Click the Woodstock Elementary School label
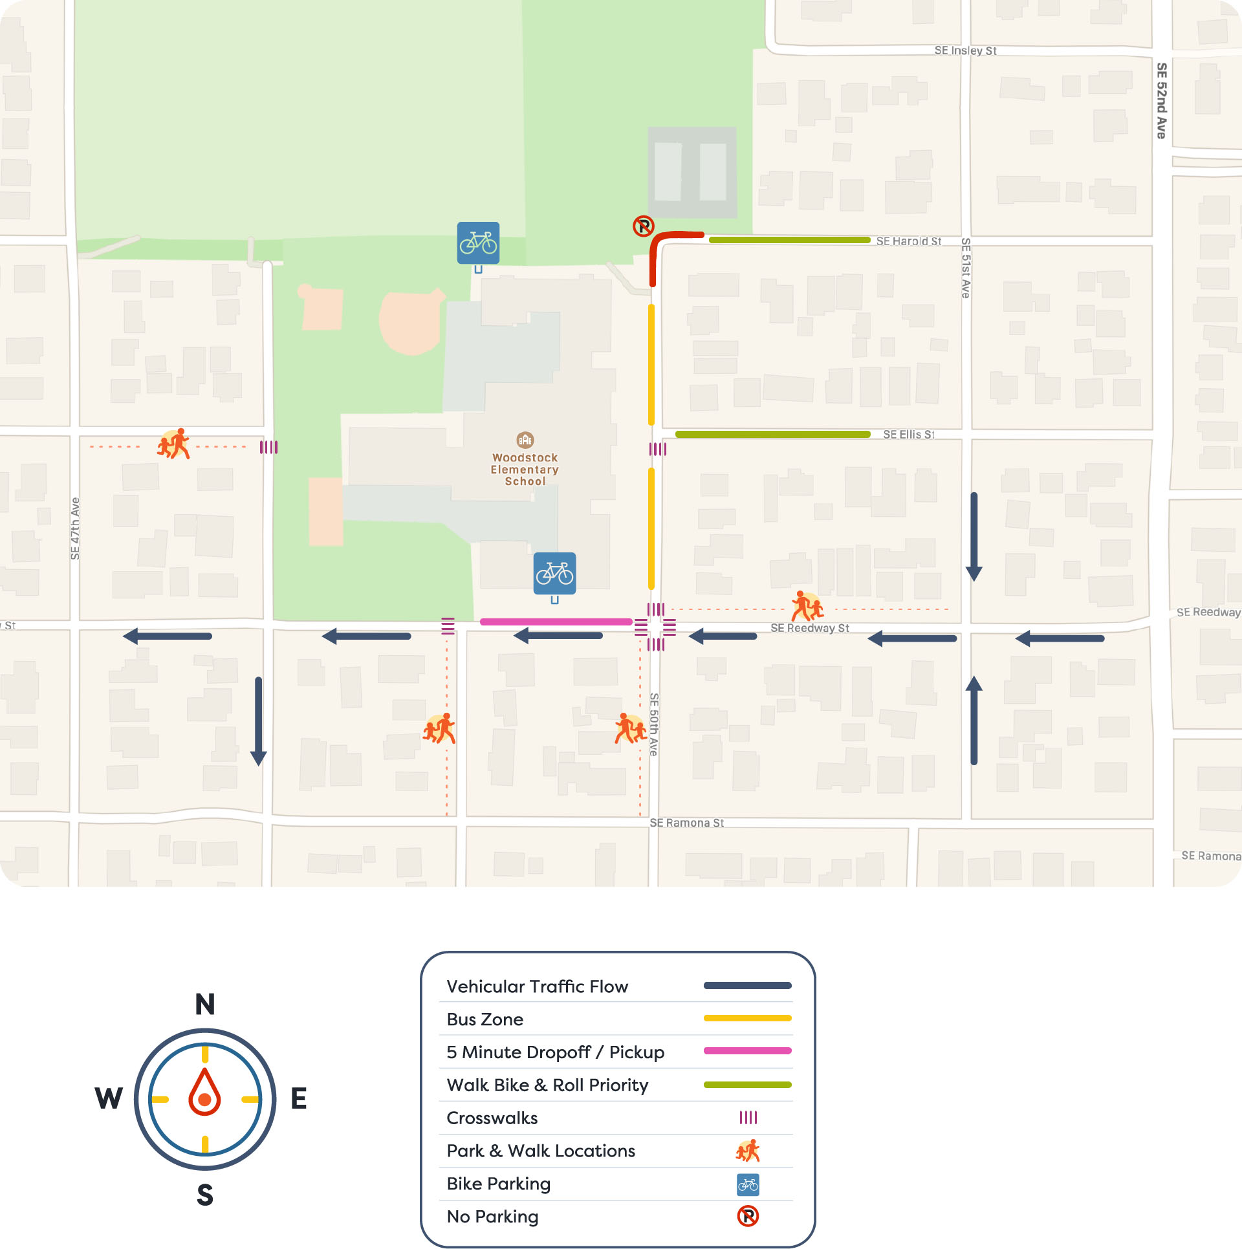(x=525, y=469)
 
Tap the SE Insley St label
(x=965, y=50)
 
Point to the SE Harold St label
(x=908, y=241)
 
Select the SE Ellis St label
(x=908, y=435)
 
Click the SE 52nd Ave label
(x=1162, y=100)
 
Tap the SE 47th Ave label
(x=75, y=528)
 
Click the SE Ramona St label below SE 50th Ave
(x=686, y=823)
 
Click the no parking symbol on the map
(x=644, y=226)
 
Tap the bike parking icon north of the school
(x=478, y=243)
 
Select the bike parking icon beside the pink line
(x=554, y=574)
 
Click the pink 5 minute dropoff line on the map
(x=556, y=622)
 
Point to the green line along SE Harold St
(x=789, y=240)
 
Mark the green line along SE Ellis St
(x=772, y=435)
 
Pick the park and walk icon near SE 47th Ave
(x=174, y=444)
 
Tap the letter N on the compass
(x=205, y=1005)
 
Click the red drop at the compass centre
(x=204, y=1093)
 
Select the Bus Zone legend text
(x=485, y=1019)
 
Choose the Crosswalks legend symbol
(x=748, y=1117)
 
